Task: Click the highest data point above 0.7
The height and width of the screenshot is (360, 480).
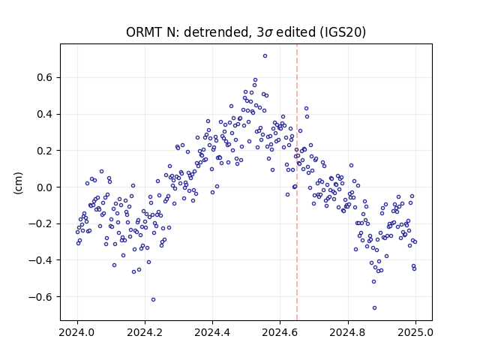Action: coord(265,55)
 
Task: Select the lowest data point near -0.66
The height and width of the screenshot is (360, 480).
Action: coord(374,307)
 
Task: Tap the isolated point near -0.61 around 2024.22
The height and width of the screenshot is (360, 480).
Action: coord(153,299)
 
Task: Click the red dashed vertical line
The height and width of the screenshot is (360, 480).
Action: coord(297,182)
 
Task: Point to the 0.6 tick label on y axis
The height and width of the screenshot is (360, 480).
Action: coord(44,78)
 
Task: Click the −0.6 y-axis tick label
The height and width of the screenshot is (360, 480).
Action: coord(40,297)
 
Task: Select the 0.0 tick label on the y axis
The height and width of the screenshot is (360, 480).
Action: coord(44,187)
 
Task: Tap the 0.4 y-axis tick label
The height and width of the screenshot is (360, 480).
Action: coord(44,114)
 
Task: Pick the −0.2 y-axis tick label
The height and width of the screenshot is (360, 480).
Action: coord(40,223)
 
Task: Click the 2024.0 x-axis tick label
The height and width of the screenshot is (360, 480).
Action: coord(77,332)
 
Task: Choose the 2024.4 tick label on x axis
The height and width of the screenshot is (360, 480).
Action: coord(212,332)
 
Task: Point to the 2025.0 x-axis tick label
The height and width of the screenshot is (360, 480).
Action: coord(415,332)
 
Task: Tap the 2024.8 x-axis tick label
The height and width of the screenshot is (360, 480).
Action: coord(348,332)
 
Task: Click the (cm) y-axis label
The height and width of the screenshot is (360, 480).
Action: coord(18,183)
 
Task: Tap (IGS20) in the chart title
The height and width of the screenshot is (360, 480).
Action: coord(343,32)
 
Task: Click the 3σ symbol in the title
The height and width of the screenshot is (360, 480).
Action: coord(265,32)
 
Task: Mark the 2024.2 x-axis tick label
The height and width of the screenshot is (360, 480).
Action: coord(145,332)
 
